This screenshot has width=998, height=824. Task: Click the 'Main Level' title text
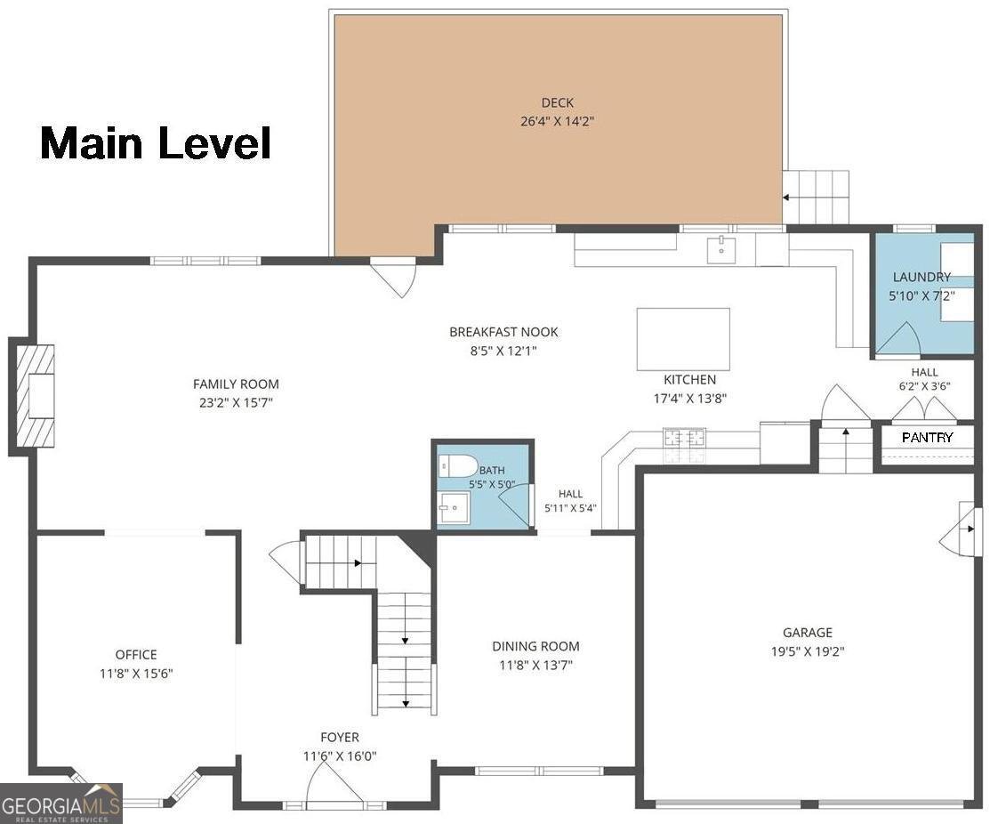tap(156, 142)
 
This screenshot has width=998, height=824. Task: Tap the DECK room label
tap(557, 102)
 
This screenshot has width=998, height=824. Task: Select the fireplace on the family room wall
tap(32, 397)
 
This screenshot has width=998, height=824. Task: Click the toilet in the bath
tap(458, 466)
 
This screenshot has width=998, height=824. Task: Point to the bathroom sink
tap(454, 507)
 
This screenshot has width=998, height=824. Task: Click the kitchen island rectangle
tap(683, 339)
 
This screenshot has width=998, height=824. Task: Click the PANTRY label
tap(928, 438)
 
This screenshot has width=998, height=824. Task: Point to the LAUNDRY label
tap(922, 277)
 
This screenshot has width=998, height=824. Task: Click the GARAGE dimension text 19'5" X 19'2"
tap(808, 651)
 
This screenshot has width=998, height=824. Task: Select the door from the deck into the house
tap(395, 277)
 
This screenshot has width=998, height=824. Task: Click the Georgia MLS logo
tap(61, 804)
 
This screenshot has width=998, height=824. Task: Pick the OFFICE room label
tap(135, 655)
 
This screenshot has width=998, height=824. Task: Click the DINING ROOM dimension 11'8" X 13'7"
tap(536, 666)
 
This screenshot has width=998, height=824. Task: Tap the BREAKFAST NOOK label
tap(503, 332)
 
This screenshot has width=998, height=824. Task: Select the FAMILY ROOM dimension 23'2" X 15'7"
tap(236, 402)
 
